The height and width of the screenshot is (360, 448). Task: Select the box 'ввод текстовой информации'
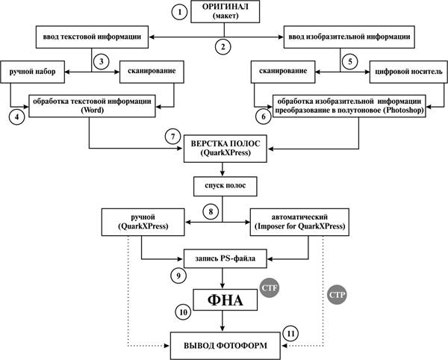(91, 35)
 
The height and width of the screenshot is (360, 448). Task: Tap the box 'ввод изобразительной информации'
(348, 35)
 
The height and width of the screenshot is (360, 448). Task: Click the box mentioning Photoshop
(349, 105)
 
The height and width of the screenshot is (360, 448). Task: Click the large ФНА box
(223, 300)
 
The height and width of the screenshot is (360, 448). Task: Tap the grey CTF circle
(269, 287)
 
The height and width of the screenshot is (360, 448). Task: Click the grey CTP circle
(335, 296)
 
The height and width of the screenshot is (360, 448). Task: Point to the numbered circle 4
(10, 116)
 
